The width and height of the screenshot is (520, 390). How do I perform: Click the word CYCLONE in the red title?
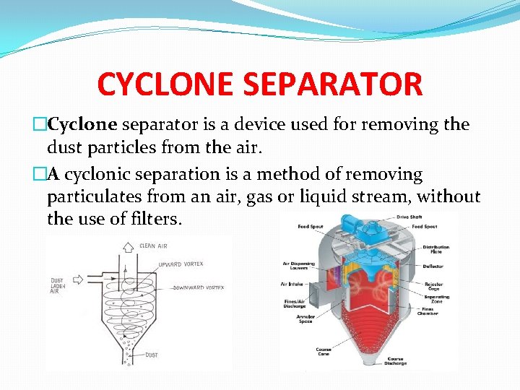coord(167,84)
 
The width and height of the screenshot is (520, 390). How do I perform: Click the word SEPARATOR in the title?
coord(333,84)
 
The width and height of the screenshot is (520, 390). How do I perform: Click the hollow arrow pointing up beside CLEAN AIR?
coord(128,246)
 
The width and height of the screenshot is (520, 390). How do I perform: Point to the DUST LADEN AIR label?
coord(58,287)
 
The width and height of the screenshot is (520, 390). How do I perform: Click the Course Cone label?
coord(323,351)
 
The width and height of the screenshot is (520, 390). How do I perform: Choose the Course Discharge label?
coord(394,360)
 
